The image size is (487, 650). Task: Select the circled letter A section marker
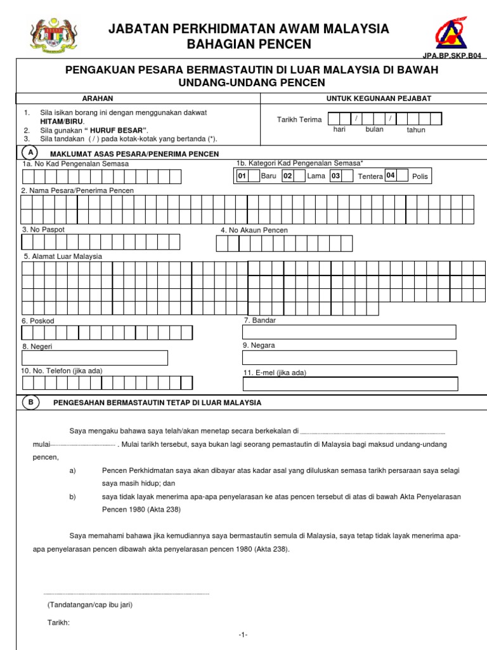coord(30,153)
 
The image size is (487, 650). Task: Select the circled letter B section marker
coord(30,402)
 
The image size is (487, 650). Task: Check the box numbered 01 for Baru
coord(242,176)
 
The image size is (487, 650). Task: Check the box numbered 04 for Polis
coord(393,175)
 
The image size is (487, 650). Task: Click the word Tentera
coord(370,176)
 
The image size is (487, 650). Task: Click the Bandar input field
coord(349,332)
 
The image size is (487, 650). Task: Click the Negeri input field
coord(94,358)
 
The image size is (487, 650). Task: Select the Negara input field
coord(349,357)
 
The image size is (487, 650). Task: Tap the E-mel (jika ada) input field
coord(351,383)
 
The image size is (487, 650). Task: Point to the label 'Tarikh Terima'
coord(299,120)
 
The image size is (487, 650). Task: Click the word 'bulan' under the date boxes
coord(374,129)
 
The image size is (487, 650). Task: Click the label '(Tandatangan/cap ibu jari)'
coord(90,605)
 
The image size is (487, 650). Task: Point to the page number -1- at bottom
coord(243,635)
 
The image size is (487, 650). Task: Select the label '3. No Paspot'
coord(43,229)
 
